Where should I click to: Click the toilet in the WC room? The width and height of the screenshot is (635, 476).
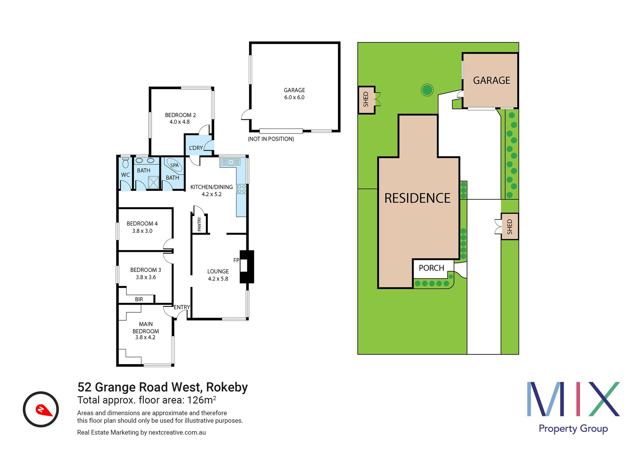(x=125, y=163)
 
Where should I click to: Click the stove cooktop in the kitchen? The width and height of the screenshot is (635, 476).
(x=242, y=189)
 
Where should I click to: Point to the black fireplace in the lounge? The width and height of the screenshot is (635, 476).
(x=247, y=267)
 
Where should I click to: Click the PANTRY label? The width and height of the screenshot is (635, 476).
(x=200, y=224)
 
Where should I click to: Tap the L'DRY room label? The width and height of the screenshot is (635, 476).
(x=196, y=148)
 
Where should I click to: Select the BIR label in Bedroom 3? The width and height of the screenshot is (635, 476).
(x=139, y=299)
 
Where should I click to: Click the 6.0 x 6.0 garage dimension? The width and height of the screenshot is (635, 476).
(x=294, y=98)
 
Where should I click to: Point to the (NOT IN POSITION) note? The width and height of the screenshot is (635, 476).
(x=271, y=139)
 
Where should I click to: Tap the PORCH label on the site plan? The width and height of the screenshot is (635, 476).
(x=431, y=268)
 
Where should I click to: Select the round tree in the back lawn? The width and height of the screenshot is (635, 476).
(x=427, y=90)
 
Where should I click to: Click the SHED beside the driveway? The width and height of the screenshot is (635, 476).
(x=509, y=226)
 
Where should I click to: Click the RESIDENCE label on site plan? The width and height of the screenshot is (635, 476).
(x=417, y=198)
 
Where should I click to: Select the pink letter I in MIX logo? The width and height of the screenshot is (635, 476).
(x=573, y=399)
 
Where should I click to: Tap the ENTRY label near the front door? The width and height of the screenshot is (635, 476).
(x=182, y=307)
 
